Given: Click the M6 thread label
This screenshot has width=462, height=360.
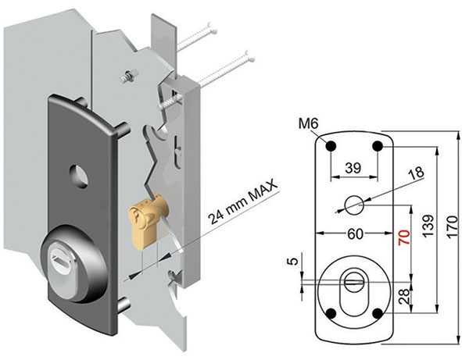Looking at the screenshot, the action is [309, 124].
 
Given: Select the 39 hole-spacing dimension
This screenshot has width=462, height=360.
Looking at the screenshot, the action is [353, 168].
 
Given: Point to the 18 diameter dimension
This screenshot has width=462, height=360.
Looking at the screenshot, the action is [417, 173].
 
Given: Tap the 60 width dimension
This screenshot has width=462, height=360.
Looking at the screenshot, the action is [355, 234].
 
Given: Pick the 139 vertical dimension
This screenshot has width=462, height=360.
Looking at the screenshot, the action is [428, 226].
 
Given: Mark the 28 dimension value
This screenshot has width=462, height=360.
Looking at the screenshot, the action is [404, 297].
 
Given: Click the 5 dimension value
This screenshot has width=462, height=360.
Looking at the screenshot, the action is [294, 261].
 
